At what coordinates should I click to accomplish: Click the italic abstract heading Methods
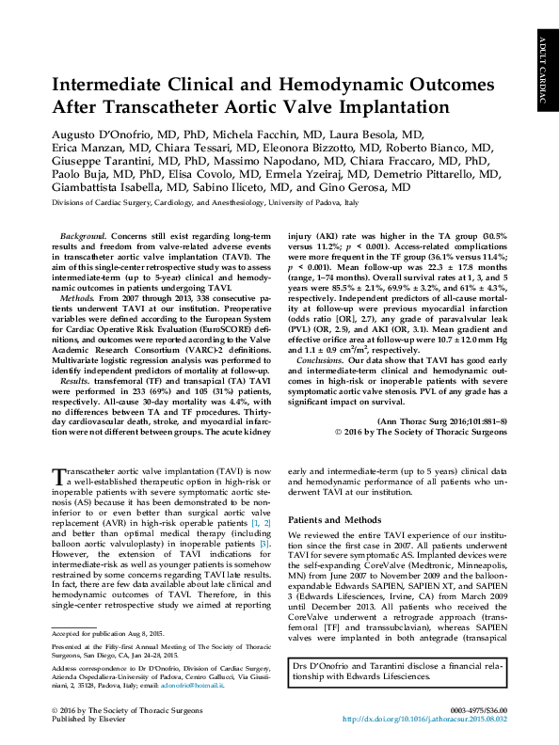76,296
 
